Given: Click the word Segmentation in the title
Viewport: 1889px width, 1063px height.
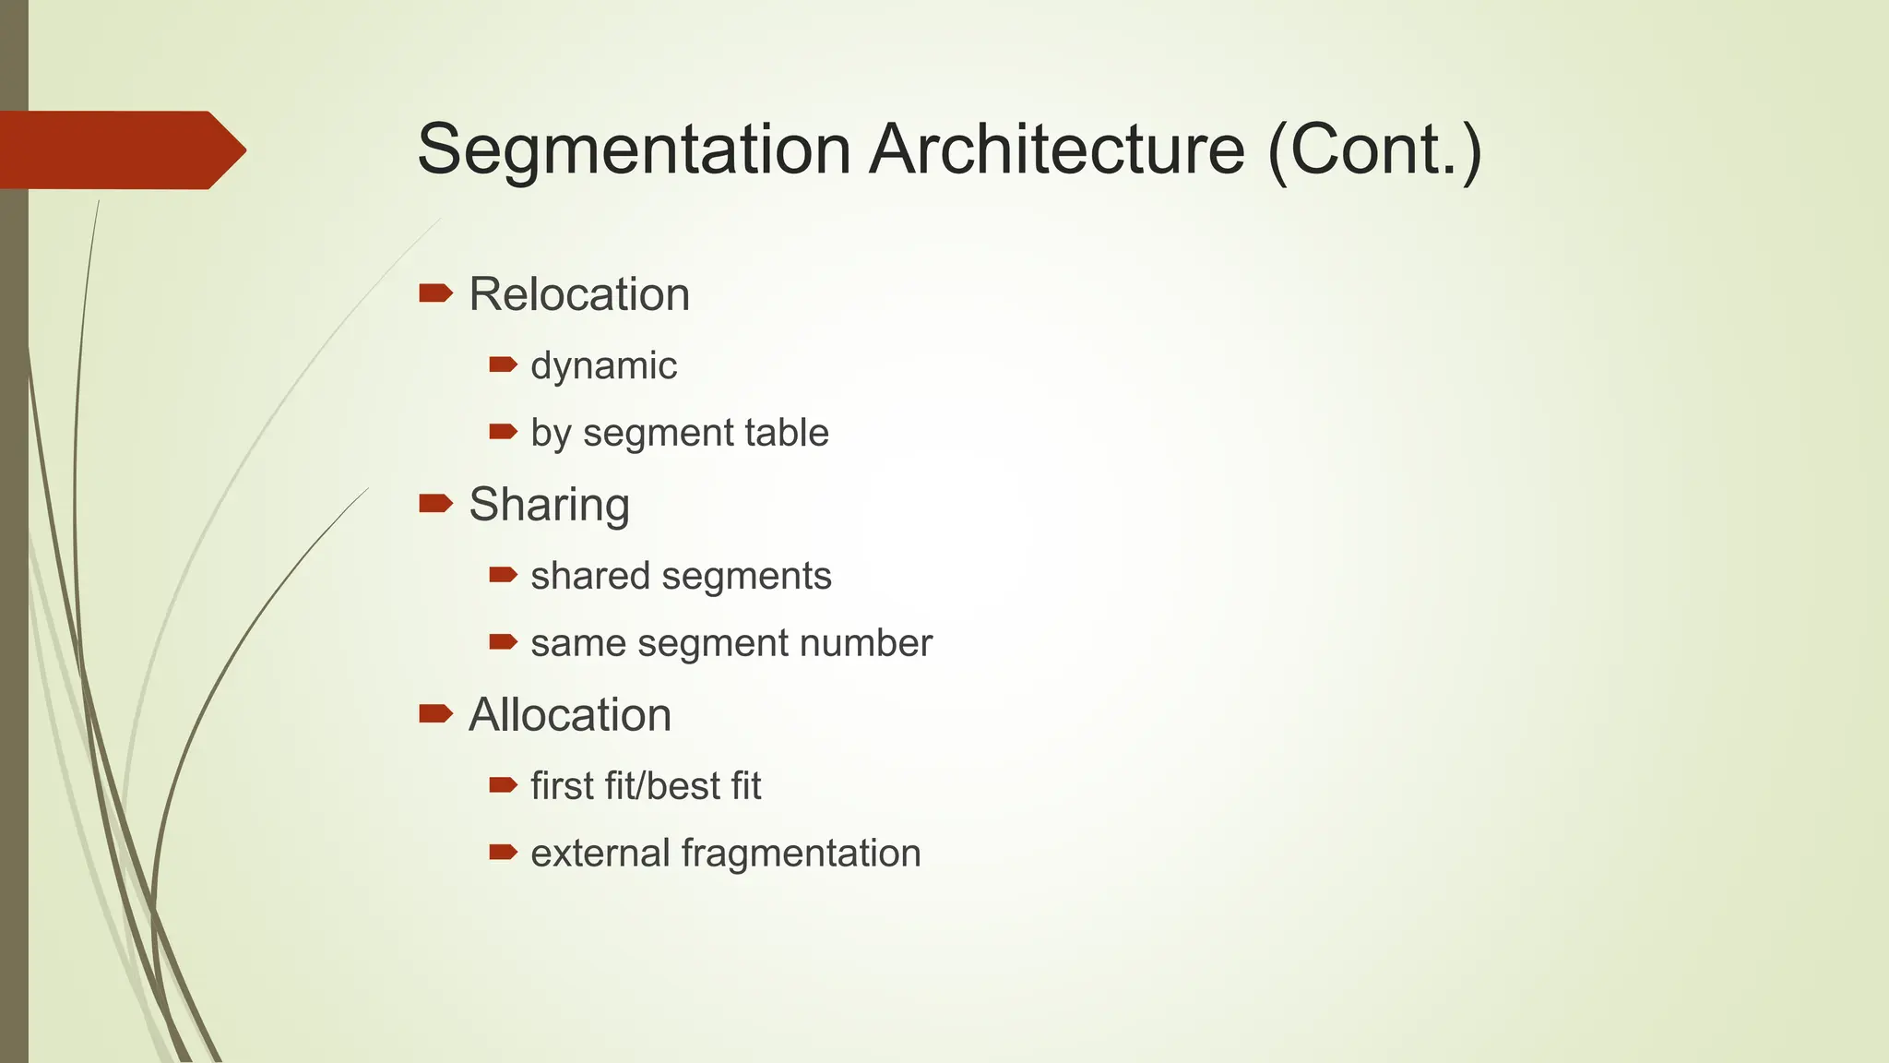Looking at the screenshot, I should (x=634, y=149).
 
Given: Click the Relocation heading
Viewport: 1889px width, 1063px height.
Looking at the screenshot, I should (x=579, y=294).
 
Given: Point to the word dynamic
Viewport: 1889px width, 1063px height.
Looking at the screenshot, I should (x=603, y=365).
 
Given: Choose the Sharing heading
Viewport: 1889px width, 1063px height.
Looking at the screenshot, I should (x=549, y=505).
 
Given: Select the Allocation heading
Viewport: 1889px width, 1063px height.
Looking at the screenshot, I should (x=570, y=715).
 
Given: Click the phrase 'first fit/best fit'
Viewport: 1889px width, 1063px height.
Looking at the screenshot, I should (x=646, y=786).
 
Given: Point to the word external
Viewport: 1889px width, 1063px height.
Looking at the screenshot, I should (x=600, y=853).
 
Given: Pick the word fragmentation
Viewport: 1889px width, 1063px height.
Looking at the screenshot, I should (x=801, y=853).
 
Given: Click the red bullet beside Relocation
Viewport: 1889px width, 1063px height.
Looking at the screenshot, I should (x=435, y=293).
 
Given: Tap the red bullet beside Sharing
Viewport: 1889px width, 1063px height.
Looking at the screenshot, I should (x=435, y=503).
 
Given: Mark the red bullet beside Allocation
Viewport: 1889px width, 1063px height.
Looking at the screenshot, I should (x=435, y=713).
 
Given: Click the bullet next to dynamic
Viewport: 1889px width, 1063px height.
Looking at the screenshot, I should (x=503, y=364).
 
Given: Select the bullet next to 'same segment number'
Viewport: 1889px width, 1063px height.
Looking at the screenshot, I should (x=503, y=641).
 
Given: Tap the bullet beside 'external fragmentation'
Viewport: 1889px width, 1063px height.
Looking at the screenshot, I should (x=503, y=852).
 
